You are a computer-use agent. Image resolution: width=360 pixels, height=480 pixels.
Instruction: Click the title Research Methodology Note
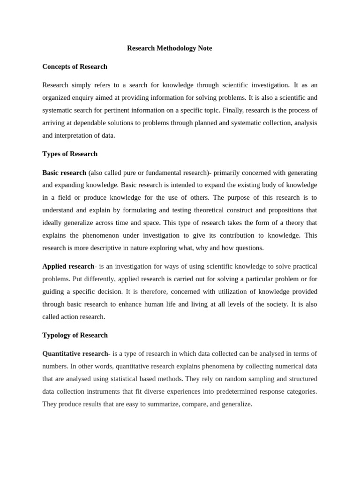[169, 48]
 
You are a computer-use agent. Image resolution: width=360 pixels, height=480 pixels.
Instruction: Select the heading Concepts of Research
[75, 67]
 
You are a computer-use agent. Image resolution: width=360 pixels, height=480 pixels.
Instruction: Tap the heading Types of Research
[70, 154]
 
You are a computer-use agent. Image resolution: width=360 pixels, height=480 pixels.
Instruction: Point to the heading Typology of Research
[75, 335]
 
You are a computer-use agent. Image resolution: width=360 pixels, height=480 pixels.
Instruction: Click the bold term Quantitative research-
[76, 353]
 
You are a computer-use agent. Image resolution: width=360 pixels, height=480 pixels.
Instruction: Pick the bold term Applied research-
[69, 266]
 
